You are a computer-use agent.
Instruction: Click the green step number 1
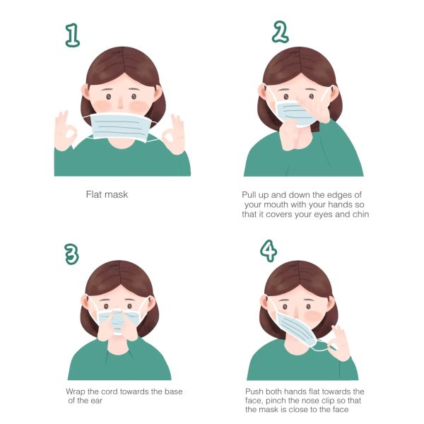73,35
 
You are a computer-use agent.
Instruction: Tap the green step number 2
280,32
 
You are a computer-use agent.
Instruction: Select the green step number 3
71,254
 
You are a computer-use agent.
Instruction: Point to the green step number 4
269,251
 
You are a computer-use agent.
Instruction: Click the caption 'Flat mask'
107,194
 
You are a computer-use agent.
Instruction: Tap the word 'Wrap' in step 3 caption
76,391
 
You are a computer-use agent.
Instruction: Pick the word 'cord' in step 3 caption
110,391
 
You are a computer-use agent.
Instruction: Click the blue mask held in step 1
121,127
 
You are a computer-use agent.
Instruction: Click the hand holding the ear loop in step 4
338,344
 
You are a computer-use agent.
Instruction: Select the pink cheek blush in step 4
313,316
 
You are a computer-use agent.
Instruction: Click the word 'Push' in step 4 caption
254,391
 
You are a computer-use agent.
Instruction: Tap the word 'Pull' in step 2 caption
249,195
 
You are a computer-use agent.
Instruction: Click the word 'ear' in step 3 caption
96,401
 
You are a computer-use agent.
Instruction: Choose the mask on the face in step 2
294,114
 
